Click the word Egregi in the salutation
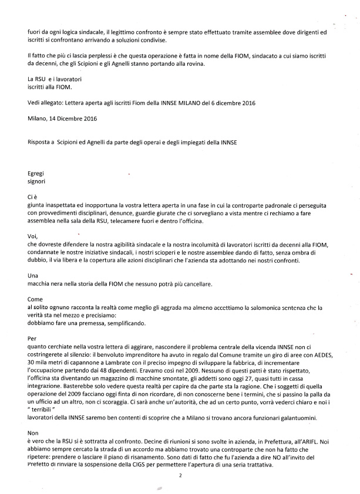point(36,174)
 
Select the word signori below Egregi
point(37,182)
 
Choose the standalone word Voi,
point(33,235)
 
